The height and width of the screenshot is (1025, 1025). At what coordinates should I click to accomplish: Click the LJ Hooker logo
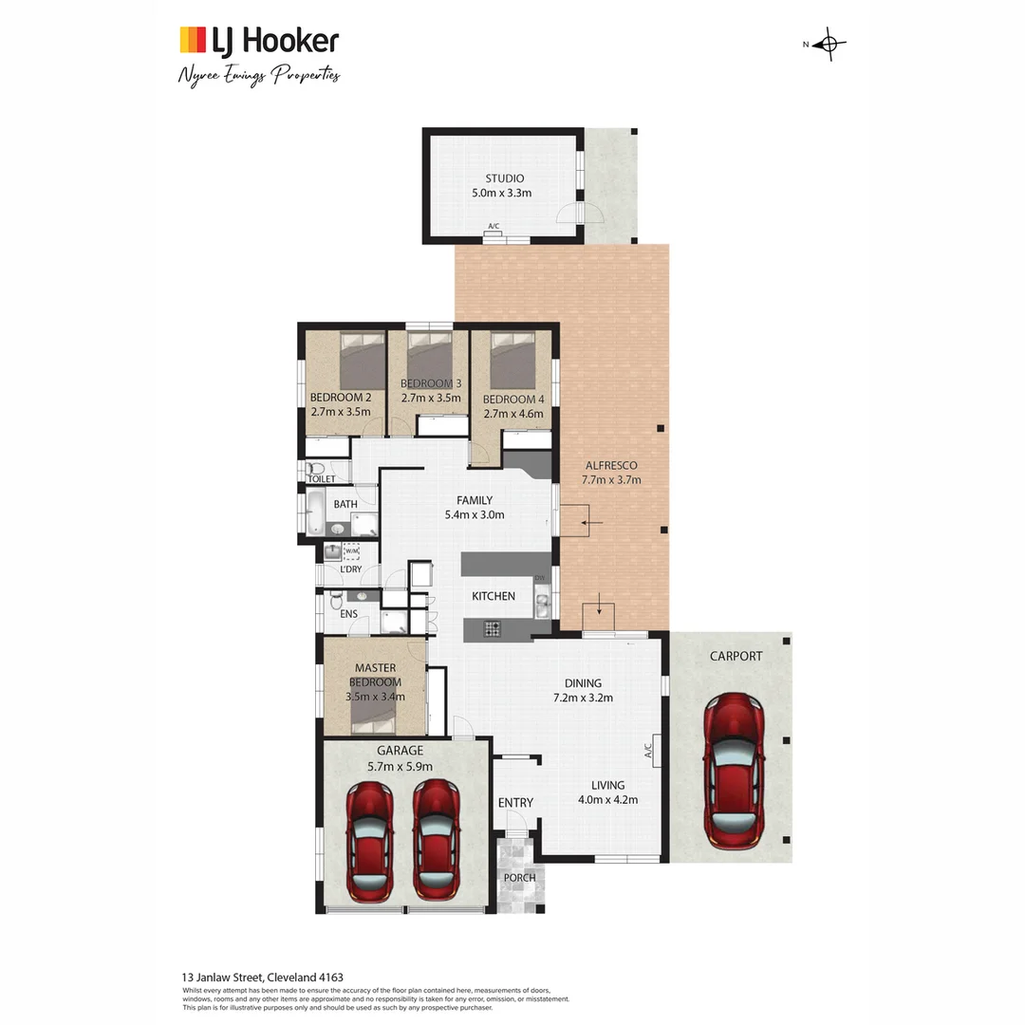pyautogui.click(x=258, y=41)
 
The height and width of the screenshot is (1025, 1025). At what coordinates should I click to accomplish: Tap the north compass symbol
pyautogui.click(x=829, y=44)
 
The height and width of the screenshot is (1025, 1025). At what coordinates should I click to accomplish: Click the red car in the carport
pyautogui.click(x=734, y=770)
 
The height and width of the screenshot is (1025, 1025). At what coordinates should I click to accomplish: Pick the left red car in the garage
pyautogui.click(x=369, y=840)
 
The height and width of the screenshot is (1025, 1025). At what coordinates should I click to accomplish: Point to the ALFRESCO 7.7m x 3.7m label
pyautogui.click(x=611, y=472)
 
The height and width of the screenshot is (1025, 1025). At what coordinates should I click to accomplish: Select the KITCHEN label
pyautogui.click(x=494, y=596)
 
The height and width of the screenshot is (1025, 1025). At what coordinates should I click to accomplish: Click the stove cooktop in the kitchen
pyautogui.click(x=494, y=627)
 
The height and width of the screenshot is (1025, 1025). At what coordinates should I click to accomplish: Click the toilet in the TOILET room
pyautogui.click(x=317, y=468)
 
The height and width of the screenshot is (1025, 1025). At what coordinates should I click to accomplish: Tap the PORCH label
pyautogui.click(x=519, y=878)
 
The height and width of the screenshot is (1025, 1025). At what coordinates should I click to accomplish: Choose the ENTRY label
pyautogui.click(x=515, y=803)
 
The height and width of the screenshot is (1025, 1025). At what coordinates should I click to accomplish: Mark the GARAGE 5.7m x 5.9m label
pyautogui.click(x=400, y=757)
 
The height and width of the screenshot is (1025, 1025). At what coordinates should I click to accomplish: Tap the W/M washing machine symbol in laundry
pyautogui.click(x=351, y=550)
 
